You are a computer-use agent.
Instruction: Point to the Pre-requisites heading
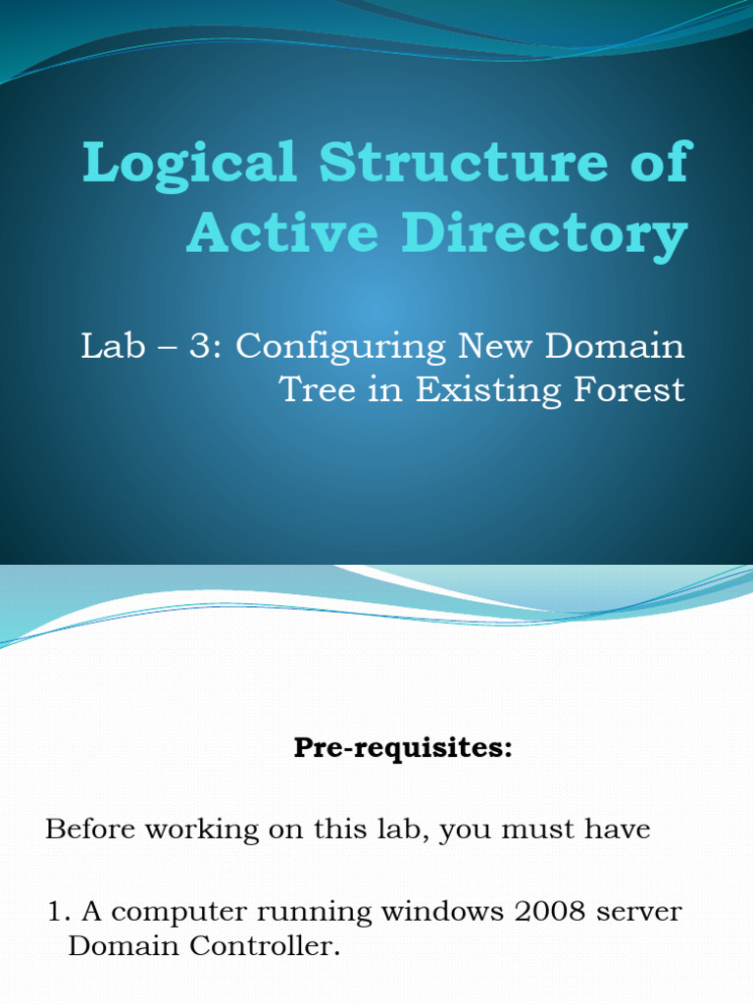click(x=403, y=749)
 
